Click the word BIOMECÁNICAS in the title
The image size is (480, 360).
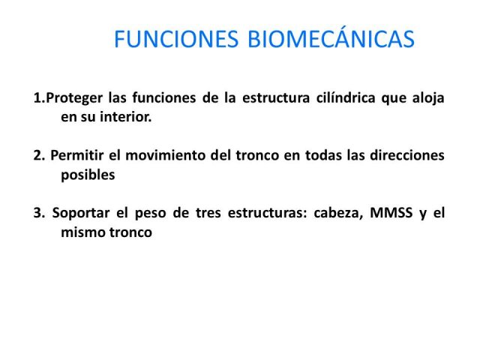point(331,38)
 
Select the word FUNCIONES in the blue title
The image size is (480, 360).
point(176,39)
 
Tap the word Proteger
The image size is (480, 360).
point(74,98)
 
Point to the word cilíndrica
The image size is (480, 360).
point(346,97)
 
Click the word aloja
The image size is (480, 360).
point(428,98)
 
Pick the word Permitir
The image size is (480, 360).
point(77,155)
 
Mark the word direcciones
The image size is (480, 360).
point(407,155)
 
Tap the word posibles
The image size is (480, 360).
point(88,175)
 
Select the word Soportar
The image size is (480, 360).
point(81,213)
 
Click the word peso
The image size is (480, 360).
point(150,214)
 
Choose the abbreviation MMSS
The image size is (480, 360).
point(391,213)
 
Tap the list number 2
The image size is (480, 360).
point(39,155)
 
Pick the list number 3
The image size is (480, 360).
point(39,213)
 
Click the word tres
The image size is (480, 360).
point(208,213)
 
